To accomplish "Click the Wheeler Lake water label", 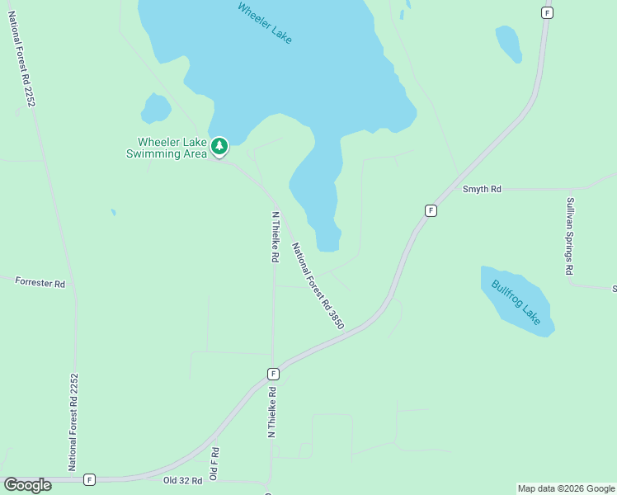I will (264, 23).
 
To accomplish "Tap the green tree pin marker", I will (219, 147).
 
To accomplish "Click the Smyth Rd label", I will (482, 189).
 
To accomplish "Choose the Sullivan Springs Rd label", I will (569, 236).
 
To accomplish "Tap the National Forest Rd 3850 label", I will (318, 285).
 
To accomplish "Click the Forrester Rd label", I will (40, 282).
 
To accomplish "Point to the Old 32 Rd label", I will (182, 479).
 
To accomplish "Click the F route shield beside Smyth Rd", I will (431, 210).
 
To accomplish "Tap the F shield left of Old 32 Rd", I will (89, 479).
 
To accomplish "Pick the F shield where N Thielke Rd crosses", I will (273, 374).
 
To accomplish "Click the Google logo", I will (27, 485).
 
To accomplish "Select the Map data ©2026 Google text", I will (565, 488).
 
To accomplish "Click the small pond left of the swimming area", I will (155, 107).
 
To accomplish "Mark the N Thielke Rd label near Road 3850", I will (275, 237).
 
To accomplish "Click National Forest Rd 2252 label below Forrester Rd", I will (73, 421).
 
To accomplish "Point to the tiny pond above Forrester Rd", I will (113, 212).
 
